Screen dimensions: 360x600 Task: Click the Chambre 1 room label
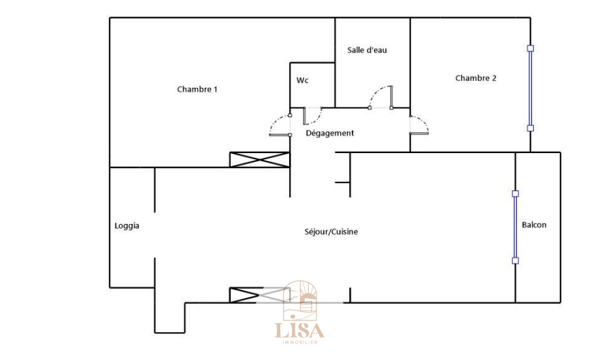coord(197,89)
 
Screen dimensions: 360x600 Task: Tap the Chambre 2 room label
coord(476,78)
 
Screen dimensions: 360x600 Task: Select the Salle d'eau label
coord(367,50)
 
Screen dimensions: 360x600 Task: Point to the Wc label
coord(303,80)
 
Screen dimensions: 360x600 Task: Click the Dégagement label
coord(330,133)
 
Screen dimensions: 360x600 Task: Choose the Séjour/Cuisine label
coord(331,232)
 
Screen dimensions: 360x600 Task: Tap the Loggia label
coord(127,226)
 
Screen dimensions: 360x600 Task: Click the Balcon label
coord(534,225)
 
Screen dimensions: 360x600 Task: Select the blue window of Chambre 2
coord(531,88)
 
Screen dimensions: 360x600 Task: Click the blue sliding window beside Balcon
coord(515,227)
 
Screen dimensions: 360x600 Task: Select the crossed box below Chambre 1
coord(260,160)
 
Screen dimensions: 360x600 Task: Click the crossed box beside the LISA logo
coord(245,295)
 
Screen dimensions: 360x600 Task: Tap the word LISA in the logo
coord(299,331)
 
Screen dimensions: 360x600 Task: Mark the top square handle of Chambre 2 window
coord(531,48)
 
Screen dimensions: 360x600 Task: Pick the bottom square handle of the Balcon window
coord(515,261)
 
